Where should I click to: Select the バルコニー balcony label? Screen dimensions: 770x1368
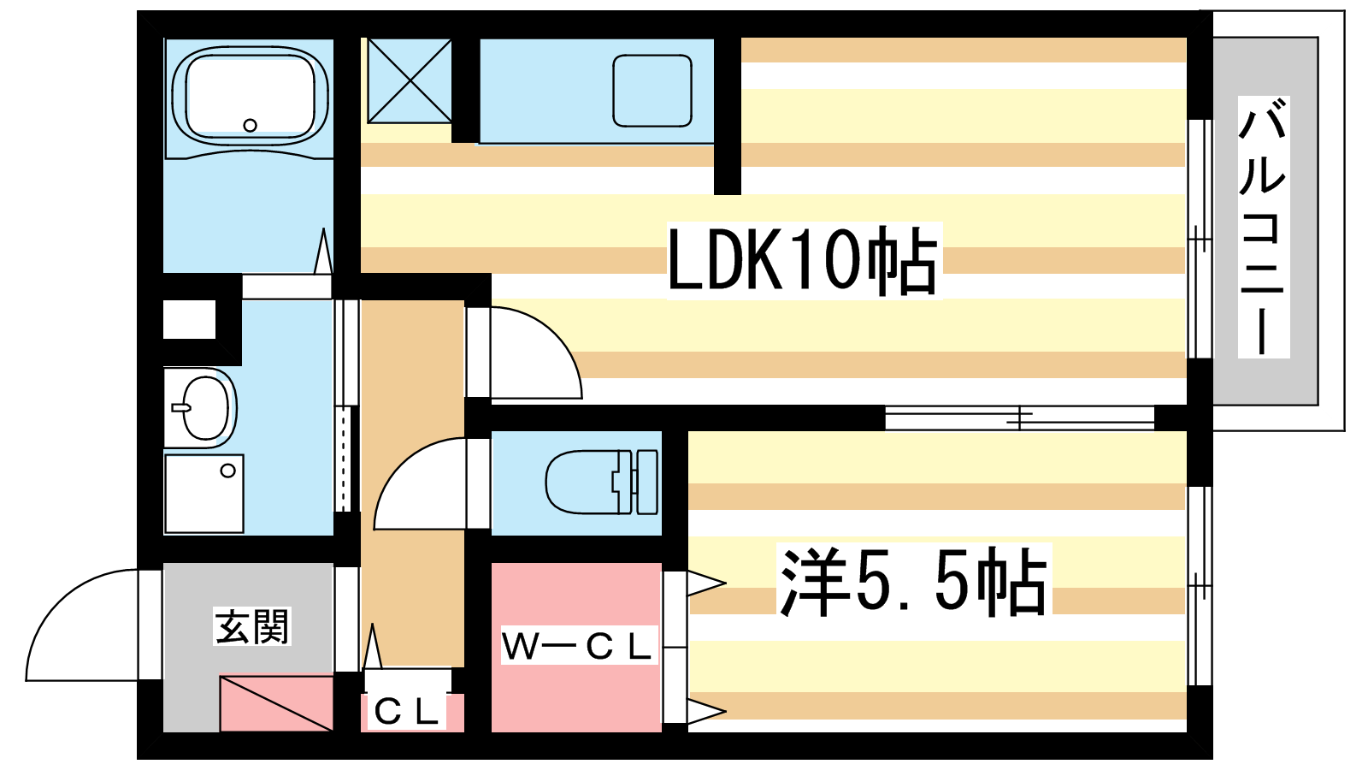pyautogui.click(x=1263, y=227)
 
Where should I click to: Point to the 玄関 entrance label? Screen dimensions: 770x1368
pyautogui.click(x=252, y=627)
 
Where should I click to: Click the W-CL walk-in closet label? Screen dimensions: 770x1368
pyautogui.click(x=578, y=647)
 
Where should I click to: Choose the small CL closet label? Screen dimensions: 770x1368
pyautogui.click(x=406, y=711)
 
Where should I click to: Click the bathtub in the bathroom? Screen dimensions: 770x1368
pyautogui.click(x=250, y=96)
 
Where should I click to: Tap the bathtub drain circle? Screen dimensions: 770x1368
pyautogui.click(x=250, y=125)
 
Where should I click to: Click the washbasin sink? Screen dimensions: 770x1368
pyautogui.click(x=203, y=407)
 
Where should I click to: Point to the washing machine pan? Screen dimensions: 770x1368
pyautogui.click(x=203, y=494)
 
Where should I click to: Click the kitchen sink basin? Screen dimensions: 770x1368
pyautogui.click(x=652, y=90)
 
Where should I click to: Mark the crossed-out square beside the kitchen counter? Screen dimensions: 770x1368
pyautogui.click(x=410, y=80)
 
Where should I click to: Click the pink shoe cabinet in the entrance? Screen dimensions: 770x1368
pyautogui.click(x=276, y=703)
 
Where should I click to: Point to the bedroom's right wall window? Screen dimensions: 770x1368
pyautogui.click(x=1200, y=586)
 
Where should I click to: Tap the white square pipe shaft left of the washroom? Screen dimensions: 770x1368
pyautogui.click(x=189, y=319)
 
